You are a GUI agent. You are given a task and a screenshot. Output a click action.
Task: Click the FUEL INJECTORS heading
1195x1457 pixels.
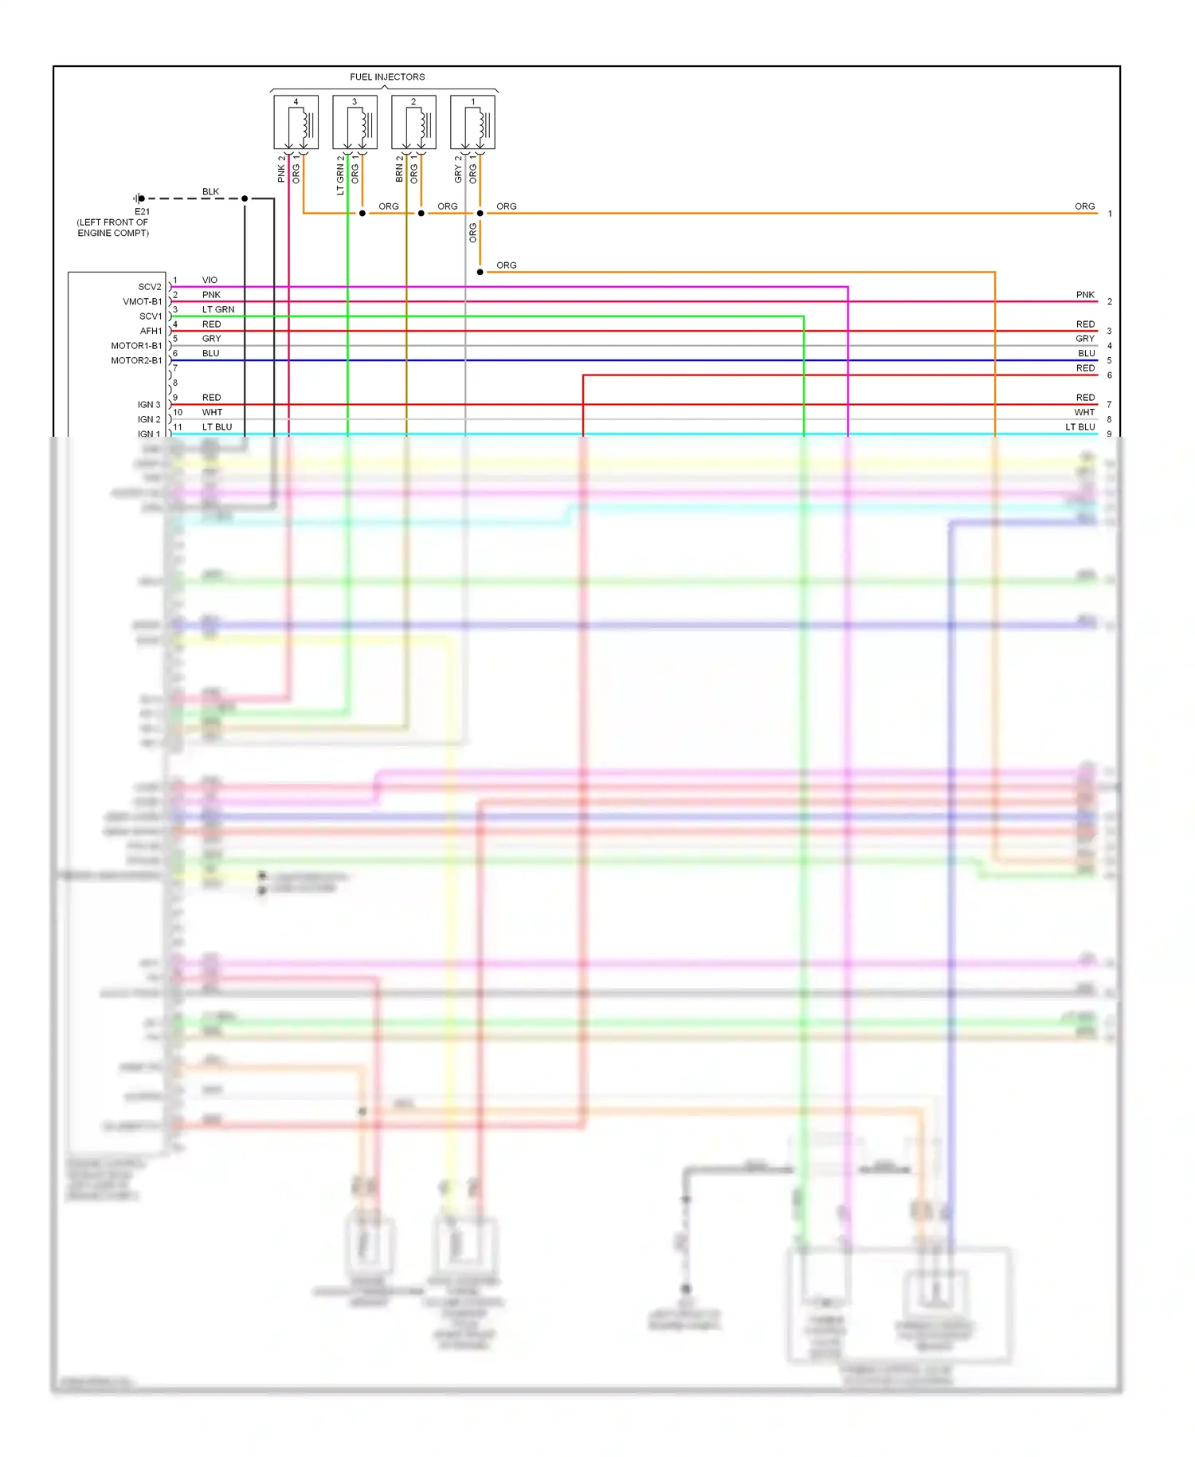(387, 77)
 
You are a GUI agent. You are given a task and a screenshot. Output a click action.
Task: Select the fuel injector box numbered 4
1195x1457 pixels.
(296, 123)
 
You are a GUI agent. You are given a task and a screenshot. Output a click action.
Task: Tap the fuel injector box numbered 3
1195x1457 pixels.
(355, 123)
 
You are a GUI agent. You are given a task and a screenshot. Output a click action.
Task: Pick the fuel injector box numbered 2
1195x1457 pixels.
(413, 123)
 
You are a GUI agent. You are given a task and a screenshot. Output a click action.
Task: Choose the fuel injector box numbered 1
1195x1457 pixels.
(472, 123)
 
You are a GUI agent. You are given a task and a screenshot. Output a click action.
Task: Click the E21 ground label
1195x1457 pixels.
(142, 211)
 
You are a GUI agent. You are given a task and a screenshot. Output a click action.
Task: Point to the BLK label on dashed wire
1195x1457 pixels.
(210, 191)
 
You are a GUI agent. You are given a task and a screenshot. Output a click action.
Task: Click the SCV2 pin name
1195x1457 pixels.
(150, 287)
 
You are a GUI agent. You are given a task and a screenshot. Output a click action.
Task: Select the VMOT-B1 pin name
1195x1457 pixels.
(143, 301)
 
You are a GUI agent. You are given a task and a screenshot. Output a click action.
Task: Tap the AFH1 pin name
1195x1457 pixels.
(151, 331)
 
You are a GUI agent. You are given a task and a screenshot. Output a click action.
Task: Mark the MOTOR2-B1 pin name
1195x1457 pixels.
(136, 360)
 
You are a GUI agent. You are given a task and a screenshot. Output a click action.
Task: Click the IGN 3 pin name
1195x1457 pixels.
(149, 405)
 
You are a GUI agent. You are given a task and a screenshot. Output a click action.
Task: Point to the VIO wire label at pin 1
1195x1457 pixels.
(210, 280)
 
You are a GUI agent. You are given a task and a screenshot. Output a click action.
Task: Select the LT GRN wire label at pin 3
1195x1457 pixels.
(218, 309)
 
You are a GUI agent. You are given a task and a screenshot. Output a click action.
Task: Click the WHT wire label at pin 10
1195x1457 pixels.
(212, 412)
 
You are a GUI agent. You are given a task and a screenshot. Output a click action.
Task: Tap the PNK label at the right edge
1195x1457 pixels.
(1085, 295)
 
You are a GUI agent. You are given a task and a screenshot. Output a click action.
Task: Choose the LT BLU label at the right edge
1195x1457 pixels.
(1080, 427)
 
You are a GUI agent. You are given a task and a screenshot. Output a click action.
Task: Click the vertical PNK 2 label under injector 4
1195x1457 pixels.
(281, 169)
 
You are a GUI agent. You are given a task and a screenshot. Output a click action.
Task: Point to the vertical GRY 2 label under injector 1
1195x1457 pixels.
(458, 169)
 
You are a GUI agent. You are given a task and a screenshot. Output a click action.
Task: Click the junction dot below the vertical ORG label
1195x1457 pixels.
(480, 272)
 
